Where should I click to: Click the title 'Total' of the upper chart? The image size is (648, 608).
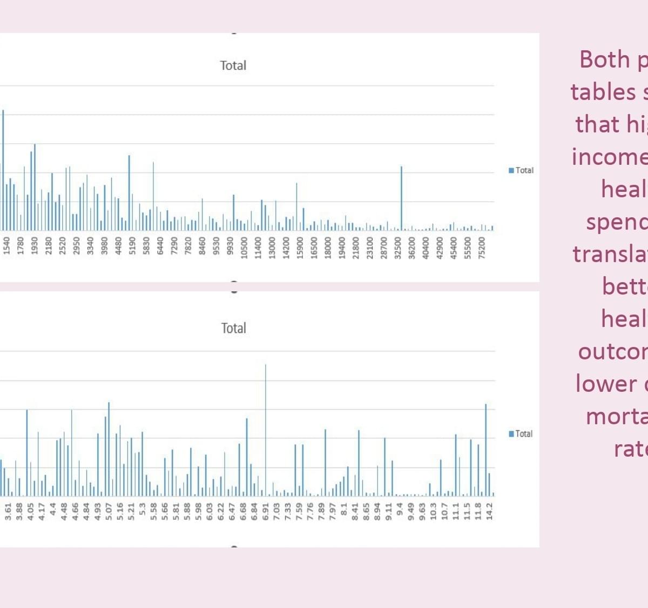[x=233, y=65]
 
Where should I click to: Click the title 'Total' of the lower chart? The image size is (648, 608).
[x=233, y=328]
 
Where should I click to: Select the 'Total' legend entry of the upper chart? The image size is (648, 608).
[x=521, y=170]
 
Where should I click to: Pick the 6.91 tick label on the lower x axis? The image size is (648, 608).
[x=265, y=511]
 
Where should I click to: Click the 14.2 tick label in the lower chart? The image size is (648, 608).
[x=489, y=511]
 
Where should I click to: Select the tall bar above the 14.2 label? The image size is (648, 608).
[x=486, y=449]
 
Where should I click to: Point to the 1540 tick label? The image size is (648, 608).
[x=7, y=245]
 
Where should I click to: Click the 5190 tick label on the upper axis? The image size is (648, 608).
[x=133, y=245]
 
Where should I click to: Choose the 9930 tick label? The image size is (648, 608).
[x=231, y=245]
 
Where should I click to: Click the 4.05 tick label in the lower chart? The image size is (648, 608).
[x=30, y=511]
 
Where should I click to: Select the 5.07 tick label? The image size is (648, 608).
[x=109, y=511]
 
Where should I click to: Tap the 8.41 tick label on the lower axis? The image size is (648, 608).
[x=355, y=511]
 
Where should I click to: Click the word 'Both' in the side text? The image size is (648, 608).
[x=604, y=59]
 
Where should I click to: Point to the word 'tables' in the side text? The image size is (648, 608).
[x=603, y=92]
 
